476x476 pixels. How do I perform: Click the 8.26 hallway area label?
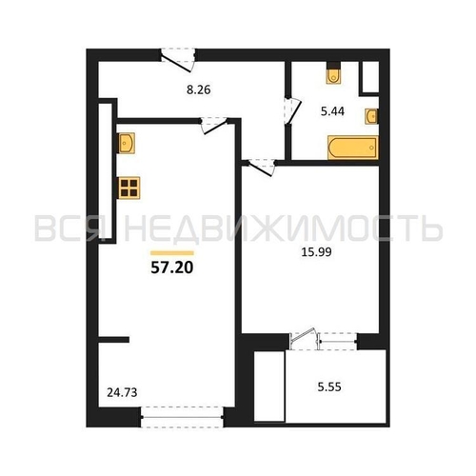coord(199,89)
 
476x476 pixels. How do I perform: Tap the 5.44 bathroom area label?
coord(332,111)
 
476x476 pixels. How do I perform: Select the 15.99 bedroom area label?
coord(316,252)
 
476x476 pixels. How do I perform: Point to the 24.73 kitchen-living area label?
coord(122,392)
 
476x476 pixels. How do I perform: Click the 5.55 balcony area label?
coord(329,387)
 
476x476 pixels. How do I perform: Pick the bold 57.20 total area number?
coord(172,268)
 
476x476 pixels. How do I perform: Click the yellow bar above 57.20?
coord(172,253)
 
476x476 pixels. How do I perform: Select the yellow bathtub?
coord(353,148)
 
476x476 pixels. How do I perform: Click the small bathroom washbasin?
coord(371,116)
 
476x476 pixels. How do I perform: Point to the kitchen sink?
coord(127,143)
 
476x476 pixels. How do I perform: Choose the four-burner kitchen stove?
coord(129,188)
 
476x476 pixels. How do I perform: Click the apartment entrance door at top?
coord(178,59)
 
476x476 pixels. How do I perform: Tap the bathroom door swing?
coord(292,110)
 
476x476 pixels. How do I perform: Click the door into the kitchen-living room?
coord(214,125)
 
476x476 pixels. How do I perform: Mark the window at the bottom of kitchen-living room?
coord(182,417)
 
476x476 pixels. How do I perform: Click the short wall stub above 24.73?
coord(113,340)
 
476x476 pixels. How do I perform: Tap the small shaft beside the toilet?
coord(370,77)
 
